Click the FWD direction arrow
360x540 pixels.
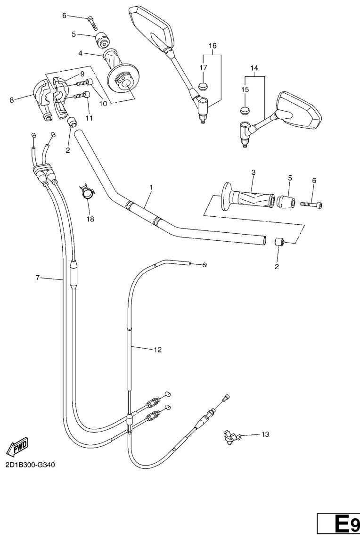pyautogui.click(x=17, y=447)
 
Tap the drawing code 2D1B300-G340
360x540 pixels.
pyautogui.click(x=30, y=465)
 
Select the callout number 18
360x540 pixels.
pyautogui.click(x=90, y=219)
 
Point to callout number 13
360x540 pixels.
pyautogui.click(x=265, y=434)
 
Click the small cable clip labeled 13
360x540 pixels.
pyautogui.click(x=230, y=437)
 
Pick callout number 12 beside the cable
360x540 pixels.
pyautogui.click(x=157, y=350)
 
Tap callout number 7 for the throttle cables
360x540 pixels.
pyautogui.click(x=38, y=277)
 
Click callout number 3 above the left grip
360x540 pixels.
pyautogui.click(x=253, y=172)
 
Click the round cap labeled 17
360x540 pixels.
pyautogui.click(x=203, y=85)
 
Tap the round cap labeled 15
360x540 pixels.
pyautogui.click(x=245, y=111)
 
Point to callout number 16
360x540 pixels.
pyautogui.click(x=213, y=45)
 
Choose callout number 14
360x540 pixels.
pyautogui.click(x=254, y=68)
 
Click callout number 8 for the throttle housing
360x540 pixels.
pyautogui.click(x=12, y=100)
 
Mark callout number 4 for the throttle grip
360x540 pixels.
pyautogui.click(x=80, y=53)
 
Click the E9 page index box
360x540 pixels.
pyautogui.click(x=338, y=525)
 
